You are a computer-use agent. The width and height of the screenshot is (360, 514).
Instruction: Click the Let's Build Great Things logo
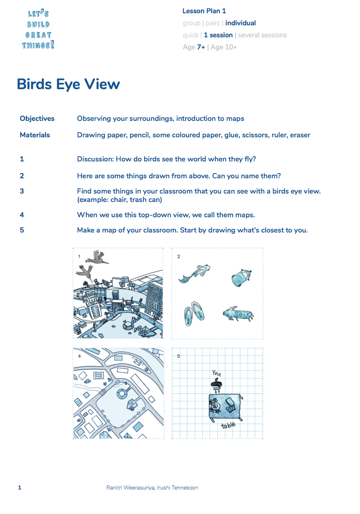[38, 30]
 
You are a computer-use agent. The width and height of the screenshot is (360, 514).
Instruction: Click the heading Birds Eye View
[68, 84]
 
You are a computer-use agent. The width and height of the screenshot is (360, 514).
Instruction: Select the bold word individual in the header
[240, 23]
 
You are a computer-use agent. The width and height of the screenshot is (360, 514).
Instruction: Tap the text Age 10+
[224, 47]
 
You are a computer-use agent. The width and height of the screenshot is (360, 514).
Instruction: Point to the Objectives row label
[37, 118]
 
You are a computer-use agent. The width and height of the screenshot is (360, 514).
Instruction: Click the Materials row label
[35, 135]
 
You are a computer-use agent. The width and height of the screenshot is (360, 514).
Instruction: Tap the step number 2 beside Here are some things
[22, 175]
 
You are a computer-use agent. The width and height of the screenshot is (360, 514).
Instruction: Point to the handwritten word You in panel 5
[217, 373]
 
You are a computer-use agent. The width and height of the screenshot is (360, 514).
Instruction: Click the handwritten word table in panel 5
[228, 425]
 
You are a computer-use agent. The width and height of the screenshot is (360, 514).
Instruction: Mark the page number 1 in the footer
[20, 487]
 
